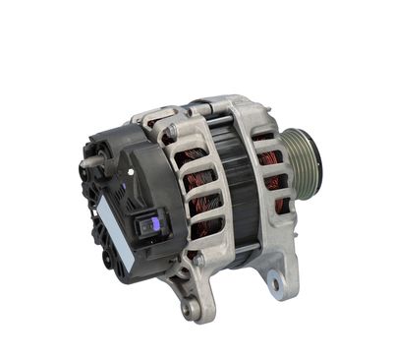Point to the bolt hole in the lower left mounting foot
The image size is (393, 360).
[x=192, y=312]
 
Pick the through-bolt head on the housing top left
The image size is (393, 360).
[x=169, y=130]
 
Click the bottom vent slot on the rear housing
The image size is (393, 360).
[x=207, y=228]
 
